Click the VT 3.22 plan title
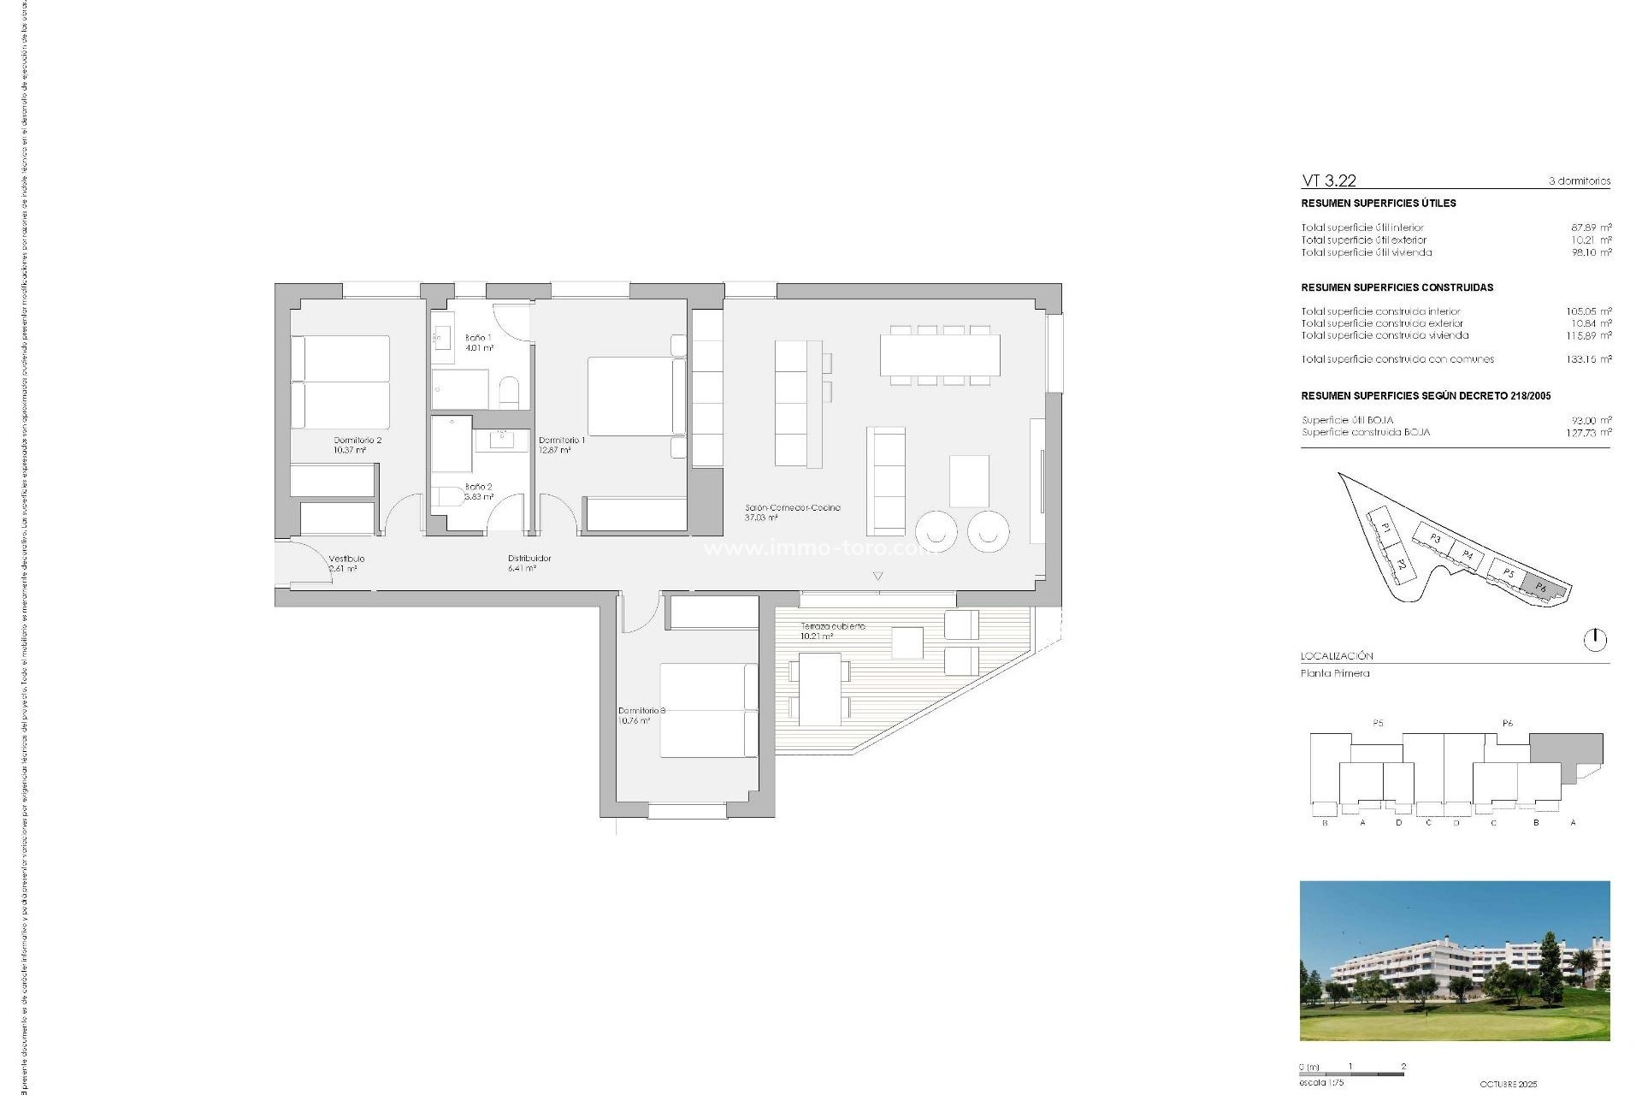click(1328, 181)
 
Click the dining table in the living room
click(940, 356)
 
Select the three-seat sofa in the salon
click(886, 481)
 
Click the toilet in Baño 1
click(509, 392)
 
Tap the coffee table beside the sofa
click(969, 481)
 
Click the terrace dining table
click(819, 689)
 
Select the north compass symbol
click(1595, 640)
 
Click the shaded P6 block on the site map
click(1541, 587)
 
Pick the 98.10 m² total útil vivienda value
click(1591, 252)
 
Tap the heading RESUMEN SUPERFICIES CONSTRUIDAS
click(1397, 287)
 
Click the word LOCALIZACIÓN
click(1337, 656)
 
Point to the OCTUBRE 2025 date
click(1508, 1084)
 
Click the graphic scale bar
click(1351, 1074)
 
